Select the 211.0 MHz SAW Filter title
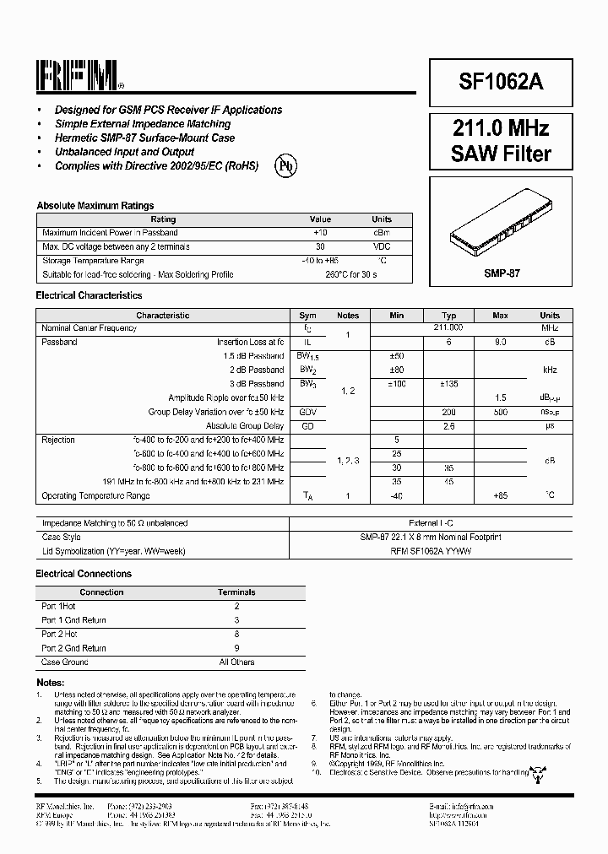[x=501, y=141]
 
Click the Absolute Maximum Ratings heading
[x=95, y=205]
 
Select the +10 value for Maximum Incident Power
[x=320, y=232]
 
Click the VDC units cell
[x=382, y=246]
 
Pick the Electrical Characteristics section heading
[x=89, y=295]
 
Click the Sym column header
[x=307, y=315]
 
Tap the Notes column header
[x=348, y=315]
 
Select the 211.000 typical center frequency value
[x=448, y=327]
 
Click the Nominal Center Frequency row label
[x=89, y=327]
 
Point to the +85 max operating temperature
[x=501, y=495]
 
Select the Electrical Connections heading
[x=84, y=574]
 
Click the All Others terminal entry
[x=236, y=662]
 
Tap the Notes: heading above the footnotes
[x=51, y=681]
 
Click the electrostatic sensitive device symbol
[x=535, y=771]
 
